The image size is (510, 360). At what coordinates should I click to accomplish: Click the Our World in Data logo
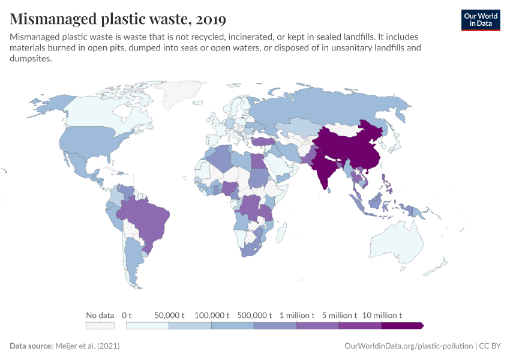[x=480, y=20]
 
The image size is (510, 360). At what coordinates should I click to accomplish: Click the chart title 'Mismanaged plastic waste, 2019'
[x=118, y=19]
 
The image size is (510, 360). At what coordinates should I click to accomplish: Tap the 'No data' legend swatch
[x=100, y=325]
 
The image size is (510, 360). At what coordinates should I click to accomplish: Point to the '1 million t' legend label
[x=296, y=315]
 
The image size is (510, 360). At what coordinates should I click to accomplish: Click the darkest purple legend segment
[x=402, y=325]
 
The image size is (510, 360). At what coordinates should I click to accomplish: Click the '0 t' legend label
[x=127, y=315]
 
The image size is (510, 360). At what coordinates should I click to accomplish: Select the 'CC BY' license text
[x=490, y=346]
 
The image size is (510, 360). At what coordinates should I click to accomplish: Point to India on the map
[x=325, y=168]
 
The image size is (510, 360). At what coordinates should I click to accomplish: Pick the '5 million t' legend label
[x=339, y=315]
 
